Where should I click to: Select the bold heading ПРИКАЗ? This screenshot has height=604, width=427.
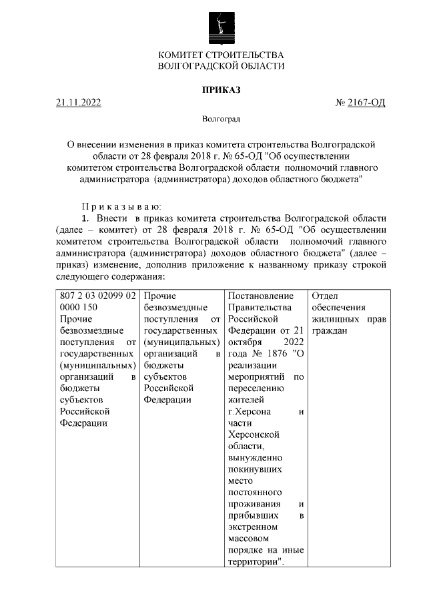pos(221,89)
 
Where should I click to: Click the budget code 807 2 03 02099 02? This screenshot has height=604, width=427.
pos(98,296)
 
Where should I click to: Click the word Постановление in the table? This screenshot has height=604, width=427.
pos(261,296)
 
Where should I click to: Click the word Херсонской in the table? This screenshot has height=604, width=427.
pos(253,434)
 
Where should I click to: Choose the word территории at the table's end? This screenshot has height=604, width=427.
pos(253,562)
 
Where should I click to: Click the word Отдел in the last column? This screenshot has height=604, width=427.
pos(325,296)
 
